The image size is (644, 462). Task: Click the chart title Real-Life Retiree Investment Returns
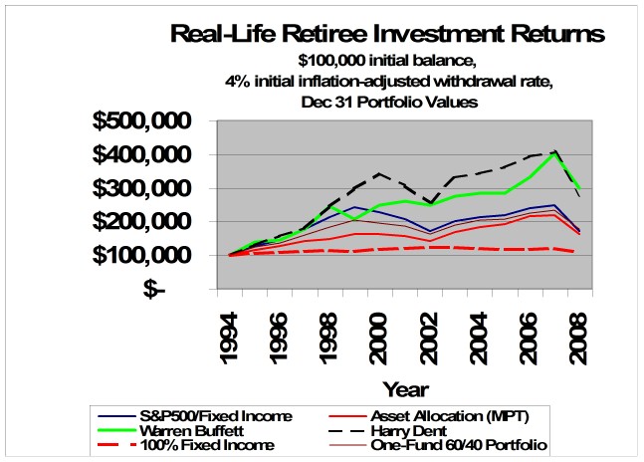tap(387, 36)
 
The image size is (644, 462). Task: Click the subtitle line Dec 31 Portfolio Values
tap(387, 101)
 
